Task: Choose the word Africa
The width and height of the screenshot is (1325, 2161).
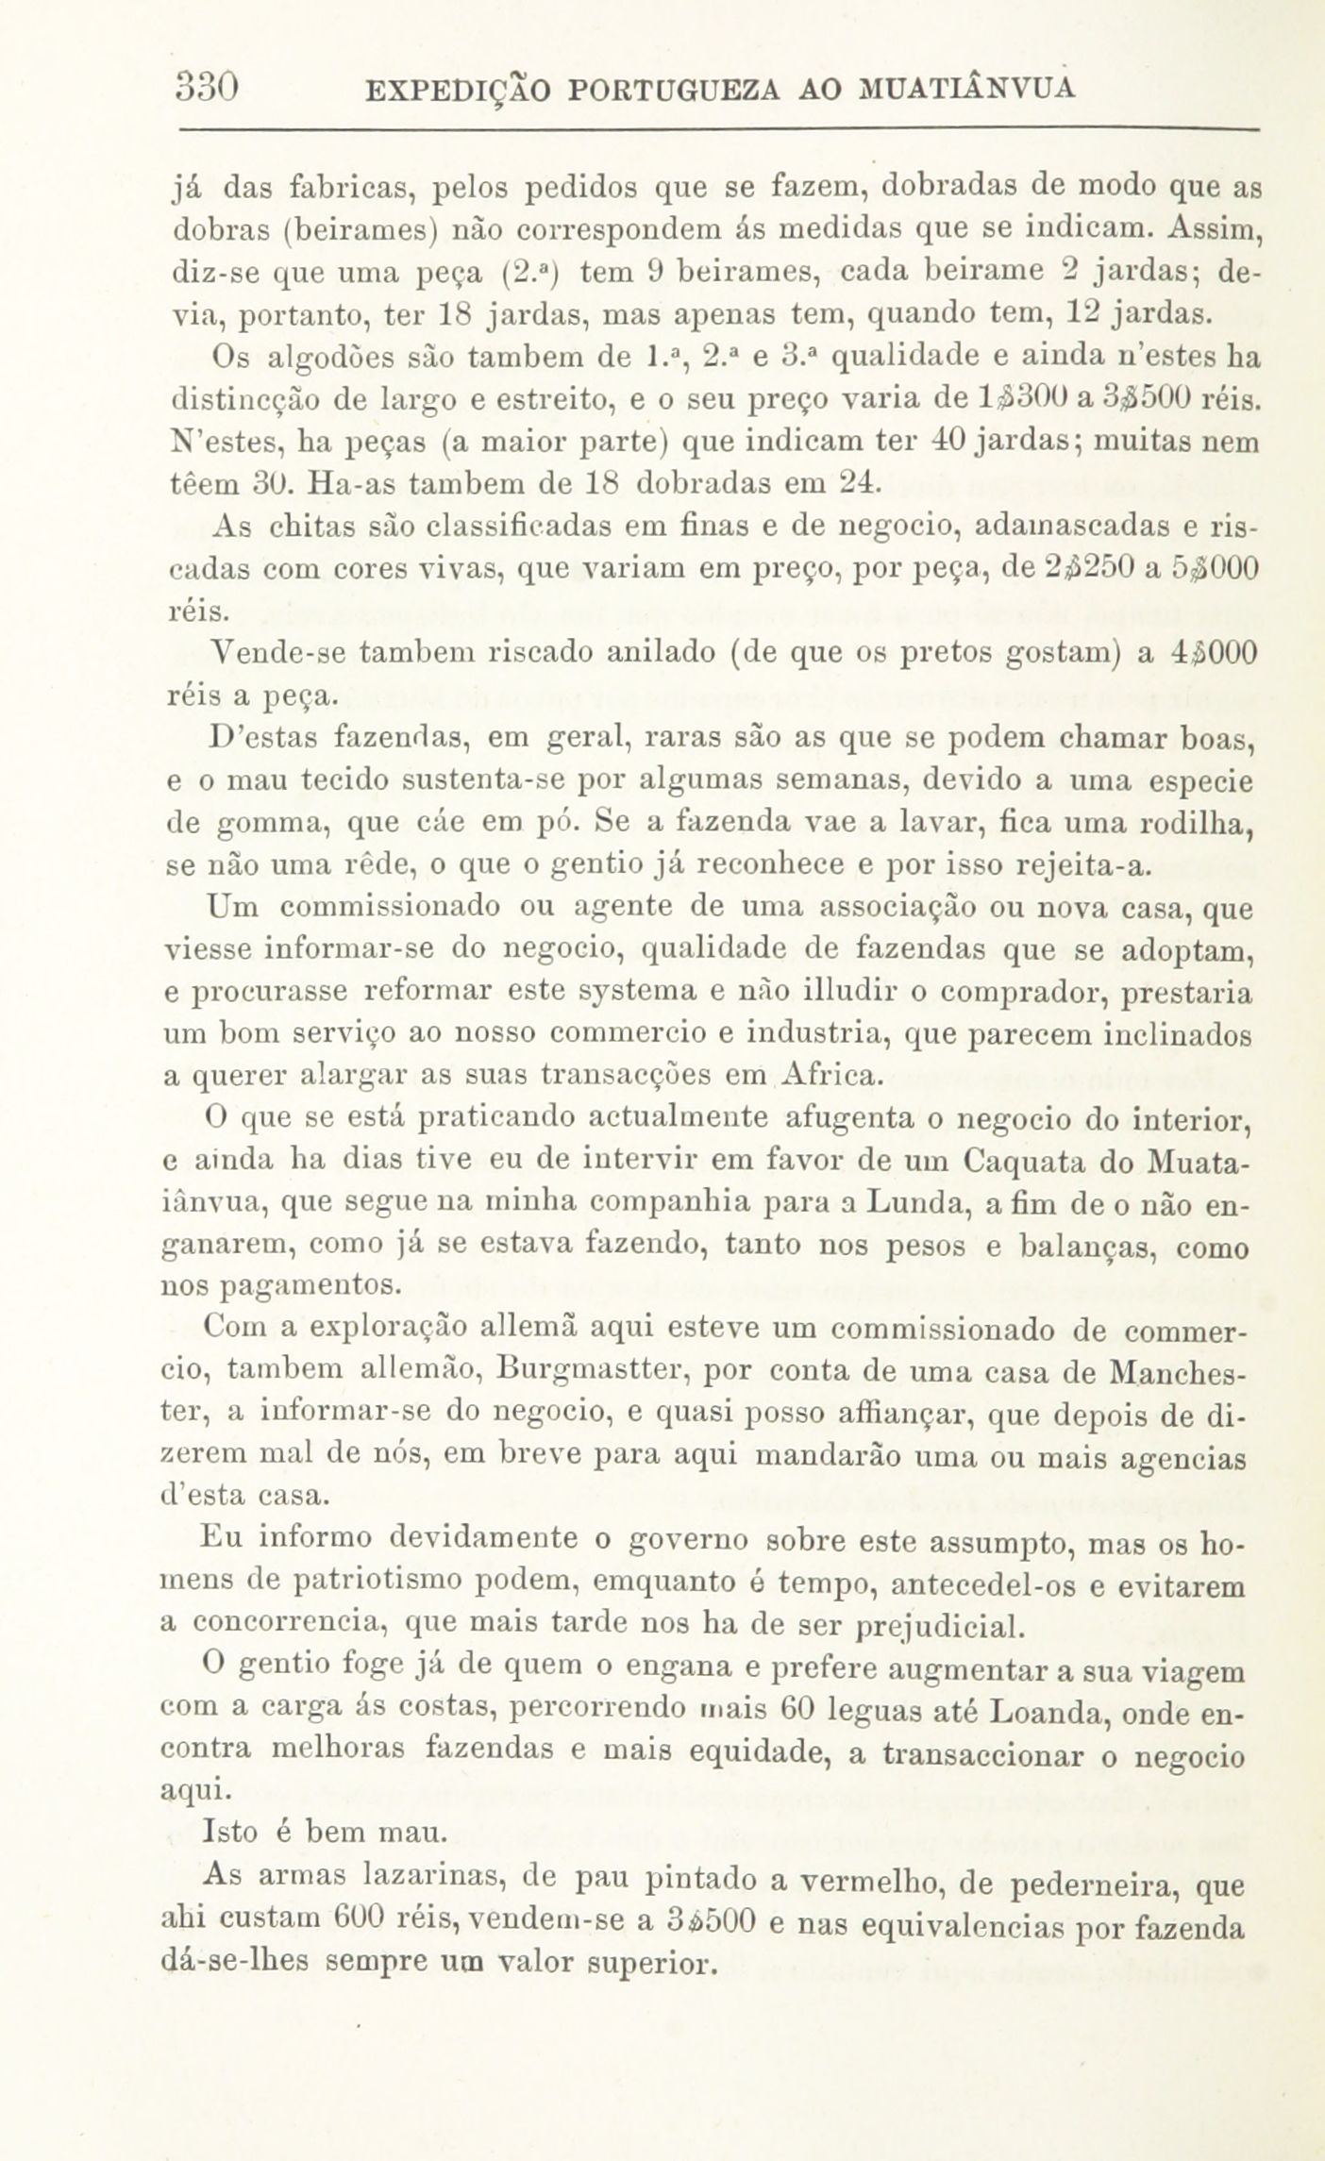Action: [833, 1076]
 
